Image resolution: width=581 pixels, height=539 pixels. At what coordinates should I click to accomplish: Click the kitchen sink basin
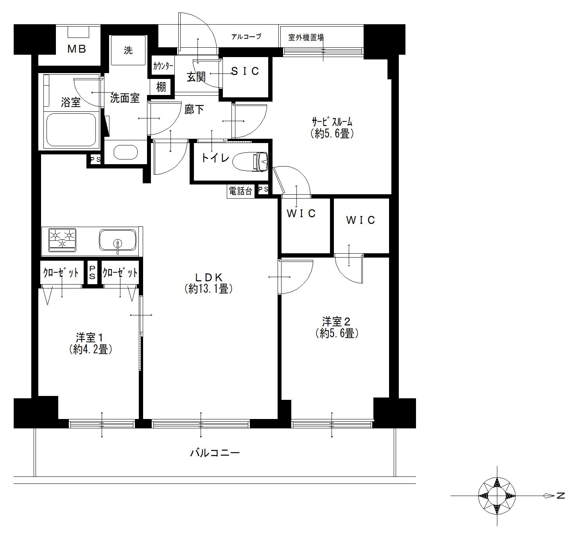118,240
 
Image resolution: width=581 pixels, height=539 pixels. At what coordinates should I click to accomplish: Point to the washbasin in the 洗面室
126,152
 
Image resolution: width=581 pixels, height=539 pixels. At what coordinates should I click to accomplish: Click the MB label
77,49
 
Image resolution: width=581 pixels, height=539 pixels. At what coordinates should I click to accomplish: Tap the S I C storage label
245,71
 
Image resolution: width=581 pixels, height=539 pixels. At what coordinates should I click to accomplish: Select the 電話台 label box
240,191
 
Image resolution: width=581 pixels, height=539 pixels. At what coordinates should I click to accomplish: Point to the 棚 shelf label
161,87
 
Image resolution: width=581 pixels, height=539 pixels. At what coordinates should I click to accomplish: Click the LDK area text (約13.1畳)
208,289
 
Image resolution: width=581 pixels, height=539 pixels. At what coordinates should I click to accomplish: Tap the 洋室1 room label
89,338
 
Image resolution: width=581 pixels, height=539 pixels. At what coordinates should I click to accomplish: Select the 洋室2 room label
336,322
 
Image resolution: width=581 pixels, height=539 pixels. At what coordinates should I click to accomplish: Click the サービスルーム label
332,122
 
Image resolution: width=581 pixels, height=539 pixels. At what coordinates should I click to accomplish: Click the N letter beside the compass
561,496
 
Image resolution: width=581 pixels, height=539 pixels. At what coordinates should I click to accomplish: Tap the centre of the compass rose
497,496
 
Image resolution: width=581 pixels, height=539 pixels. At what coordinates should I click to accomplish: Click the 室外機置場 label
306,38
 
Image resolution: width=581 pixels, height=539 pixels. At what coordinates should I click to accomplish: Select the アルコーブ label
246,37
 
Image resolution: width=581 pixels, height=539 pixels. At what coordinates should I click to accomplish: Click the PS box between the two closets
92,272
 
